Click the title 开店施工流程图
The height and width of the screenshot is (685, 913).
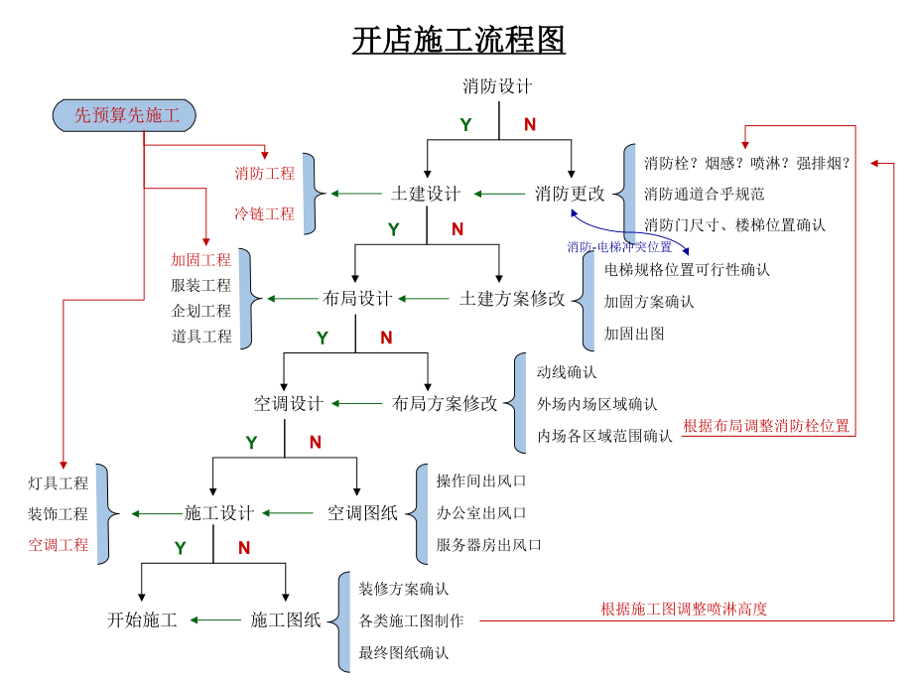[x=458, y=41]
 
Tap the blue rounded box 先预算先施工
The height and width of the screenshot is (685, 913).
[x=125, y=116]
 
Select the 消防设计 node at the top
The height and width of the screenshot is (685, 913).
[x=498, y=86]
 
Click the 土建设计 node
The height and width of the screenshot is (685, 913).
[x=426, y=194]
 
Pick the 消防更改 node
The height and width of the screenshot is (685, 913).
[x=570, y=194]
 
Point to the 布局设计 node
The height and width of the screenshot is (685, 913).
[x=357, y=298]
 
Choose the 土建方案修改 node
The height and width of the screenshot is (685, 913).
[x=512, y=298]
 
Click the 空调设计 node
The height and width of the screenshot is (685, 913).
[x=288, y=403]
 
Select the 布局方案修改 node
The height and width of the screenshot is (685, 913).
[x=445, y=403]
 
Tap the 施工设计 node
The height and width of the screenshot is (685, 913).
[x=219, y=513]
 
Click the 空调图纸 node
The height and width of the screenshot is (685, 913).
[x=362, y=513]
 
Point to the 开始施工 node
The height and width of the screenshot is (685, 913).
[x=142, y=620]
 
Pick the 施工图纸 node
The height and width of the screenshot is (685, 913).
[x=286, y=620]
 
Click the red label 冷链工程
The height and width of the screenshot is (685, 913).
[x=264, y=213]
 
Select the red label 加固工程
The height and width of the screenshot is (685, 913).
[x=200, y=260]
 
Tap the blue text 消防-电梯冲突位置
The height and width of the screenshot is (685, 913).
[x=619, y=246]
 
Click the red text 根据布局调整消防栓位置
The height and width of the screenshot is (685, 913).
[x=766, y=426]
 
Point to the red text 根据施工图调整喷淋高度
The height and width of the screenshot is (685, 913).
[x=684, y=609]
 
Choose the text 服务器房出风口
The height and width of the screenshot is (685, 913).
[x=489, y=545]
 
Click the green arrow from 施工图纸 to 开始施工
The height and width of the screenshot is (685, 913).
[x=215, y=620]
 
